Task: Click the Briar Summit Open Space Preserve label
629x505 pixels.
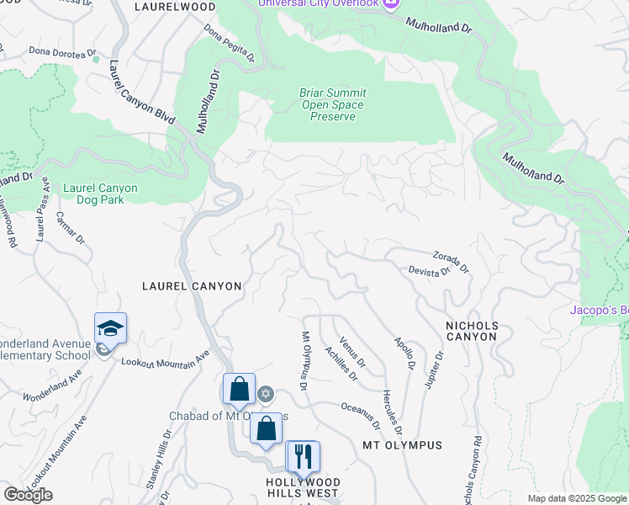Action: (332, 104)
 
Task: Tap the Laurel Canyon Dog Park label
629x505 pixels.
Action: (100, 194)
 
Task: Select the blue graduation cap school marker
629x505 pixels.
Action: (110, 328)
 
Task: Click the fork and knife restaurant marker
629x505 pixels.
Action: (303, 456)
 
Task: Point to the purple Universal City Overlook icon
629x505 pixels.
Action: (389, 4)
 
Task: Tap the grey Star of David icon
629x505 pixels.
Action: (266, 394)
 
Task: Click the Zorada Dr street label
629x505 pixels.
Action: (451, 260)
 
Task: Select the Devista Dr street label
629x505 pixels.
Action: (430, 270)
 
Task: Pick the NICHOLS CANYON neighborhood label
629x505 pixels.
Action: (471, 331)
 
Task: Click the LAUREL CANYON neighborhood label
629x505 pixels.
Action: (191, 286)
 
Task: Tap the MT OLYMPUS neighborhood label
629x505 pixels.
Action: (402, 444)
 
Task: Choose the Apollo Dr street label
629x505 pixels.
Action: (405, 353)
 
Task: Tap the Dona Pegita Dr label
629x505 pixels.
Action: (230, 42)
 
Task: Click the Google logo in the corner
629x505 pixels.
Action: (28, 495)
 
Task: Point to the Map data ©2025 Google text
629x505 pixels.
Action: (578, 498)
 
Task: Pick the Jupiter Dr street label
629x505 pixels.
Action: (434, 368)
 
